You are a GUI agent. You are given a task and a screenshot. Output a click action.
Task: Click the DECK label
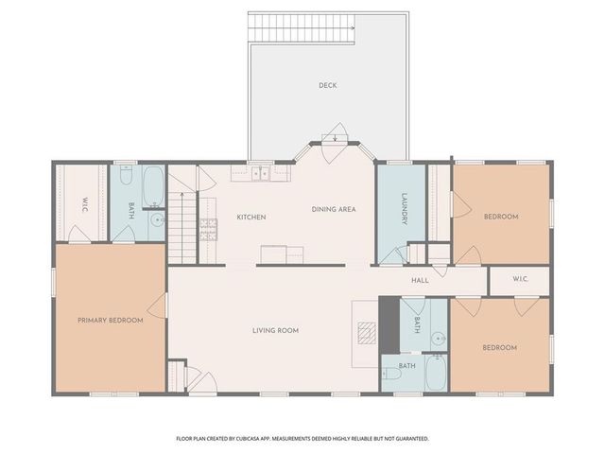(x=327, y=86)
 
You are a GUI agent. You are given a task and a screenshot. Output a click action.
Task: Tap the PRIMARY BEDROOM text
(x=111, y=321)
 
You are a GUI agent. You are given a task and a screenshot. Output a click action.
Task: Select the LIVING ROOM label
(x=275, y=330)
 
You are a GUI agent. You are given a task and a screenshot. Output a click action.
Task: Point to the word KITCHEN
(x=251, y=218)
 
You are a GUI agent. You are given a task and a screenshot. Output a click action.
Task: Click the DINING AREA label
(x=334, y=209)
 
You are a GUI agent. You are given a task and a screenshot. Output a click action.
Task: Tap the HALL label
(x=421, y=280)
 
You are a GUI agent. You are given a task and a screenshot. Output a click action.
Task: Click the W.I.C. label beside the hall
(x=520, y=279)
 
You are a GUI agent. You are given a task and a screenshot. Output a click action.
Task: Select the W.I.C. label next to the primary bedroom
(x=85, y=203)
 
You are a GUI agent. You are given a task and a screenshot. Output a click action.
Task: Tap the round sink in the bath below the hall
(x=437, y=338)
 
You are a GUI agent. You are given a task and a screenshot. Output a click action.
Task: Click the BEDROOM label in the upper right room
(x=500, y=218)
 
